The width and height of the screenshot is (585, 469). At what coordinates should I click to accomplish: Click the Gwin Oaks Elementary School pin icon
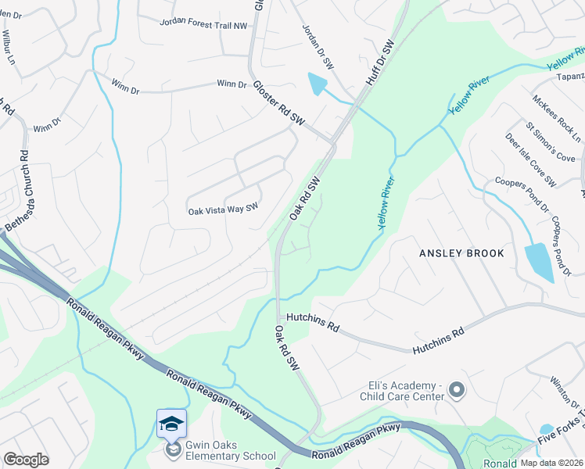point(171,424)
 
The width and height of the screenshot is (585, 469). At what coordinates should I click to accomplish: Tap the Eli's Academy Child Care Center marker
point(458,388)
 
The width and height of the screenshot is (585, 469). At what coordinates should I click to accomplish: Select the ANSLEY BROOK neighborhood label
point(461,253)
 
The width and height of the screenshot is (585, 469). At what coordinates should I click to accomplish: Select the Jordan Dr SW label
point(318,47)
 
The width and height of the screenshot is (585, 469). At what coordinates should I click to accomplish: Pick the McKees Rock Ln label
point(556,118)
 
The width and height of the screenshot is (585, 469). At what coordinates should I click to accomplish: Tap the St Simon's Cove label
point(551,142)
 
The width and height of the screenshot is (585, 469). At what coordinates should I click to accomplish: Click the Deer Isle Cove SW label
point(529,160)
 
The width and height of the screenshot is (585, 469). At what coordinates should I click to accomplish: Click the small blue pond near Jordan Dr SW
point(318,84)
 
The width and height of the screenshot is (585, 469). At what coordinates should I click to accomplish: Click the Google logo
point(26,460)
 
